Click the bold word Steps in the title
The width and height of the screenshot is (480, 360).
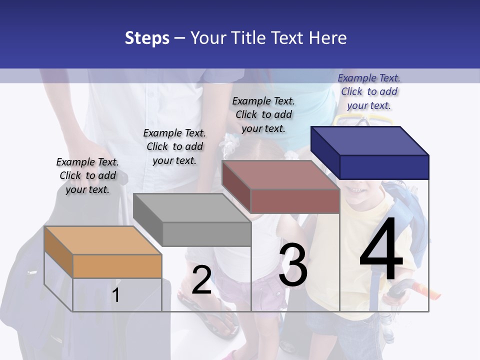[147, 38]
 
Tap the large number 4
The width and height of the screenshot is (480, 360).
[381, 250]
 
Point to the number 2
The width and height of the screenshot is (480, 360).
[201, 280]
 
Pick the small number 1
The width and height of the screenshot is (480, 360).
[115, 295]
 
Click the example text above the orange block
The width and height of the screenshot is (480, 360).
[87, 175]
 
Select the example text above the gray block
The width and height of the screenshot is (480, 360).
[174, 146]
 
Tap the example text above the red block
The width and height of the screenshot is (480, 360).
[263, 114]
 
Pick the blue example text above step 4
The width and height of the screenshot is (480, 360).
[369, 91]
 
